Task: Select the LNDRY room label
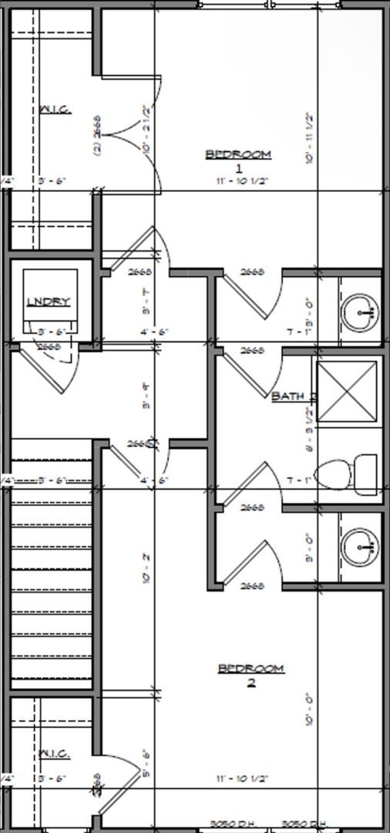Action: pyautogui.click(x=49, y=302)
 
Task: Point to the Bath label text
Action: pyautogui.click(x=293, y=396)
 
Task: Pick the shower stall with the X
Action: pyautogui.click(x=347, y=391)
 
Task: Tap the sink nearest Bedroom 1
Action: pyautogui.click(x=360, y=312)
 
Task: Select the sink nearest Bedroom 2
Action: pyautogui.click(x=360, y=547)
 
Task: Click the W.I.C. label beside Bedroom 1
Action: pyautogui.click(x=55, y=109)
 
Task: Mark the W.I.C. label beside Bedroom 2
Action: pyautogui.click(x=54, y=754)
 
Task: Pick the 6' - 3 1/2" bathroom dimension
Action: pyautogui.click(x=309, y=432)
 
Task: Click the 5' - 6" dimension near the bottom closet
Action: pyautogui.click(x=145, y=760)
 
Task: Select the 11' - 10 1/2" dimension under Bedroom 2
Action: pyautogui.click(x=242, y=779)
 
